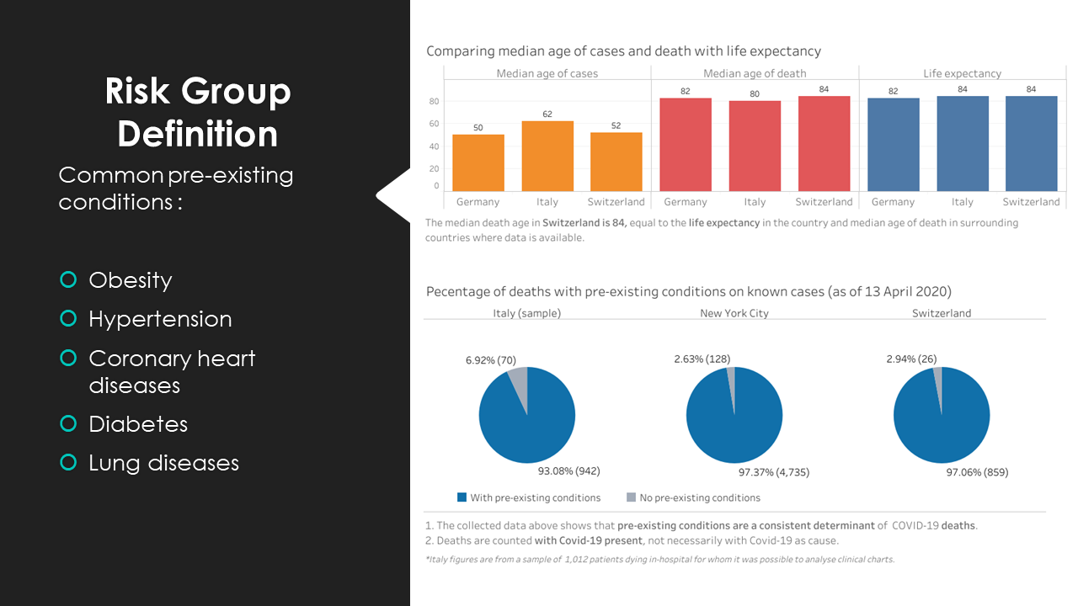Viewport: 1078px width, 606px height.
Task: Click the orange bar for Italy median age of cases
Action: pos(547,157)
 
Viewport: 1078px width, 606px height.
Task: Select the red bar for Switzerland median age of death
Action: pos(824,144)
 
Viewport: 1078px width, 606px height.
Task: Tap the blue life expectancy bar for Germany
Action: pos(893,145)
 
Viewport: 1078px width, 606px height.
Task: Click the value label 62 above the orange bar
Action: pos(547,114)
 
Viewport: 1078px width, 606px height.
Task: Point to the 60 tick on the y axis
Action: pos(434,124)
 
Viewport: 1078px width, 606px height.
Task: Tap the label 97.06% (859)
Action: pos(977,472)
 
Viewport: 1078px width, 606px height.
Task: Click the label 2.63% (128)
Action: pos(702,359)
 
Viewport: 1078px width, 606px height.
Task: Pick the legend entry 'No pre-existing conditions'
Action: pos(699,497)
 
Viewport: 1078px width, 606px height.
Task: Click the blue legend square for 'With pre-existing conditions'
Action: pos(462,497)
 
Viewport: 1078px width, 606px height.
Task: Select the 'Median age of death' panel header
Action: pos(755,73)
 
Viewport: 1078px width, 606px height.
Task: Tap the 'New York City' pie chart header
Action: pos(734,313)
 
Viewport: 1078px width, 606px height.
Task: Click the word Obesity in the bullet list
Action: pos(131,280)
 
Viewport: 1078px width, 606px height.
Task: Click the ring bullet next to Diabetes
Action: pos(68,424)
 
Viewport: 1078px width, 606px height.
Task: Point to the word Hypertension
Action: pos(160,319)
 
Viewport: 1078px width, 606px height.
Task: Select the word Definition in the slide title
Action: pos(198,134)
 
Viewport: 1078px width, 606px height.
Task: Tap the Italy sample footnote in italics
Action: pos(659,559)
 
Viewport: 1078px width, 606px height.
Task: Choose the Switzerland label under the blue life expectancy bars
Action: pos(1031,202)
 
